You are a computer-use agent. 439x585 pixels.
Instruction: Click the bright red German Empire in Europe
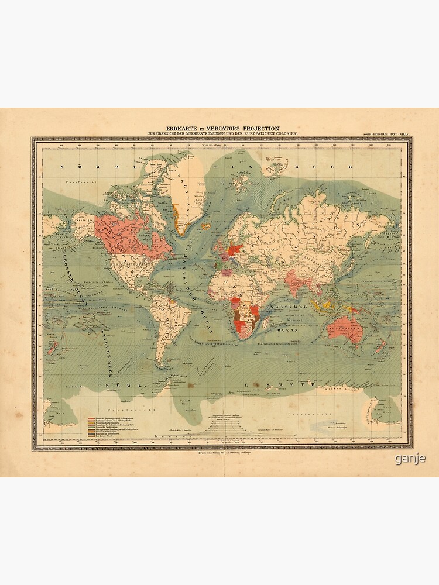235,250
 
